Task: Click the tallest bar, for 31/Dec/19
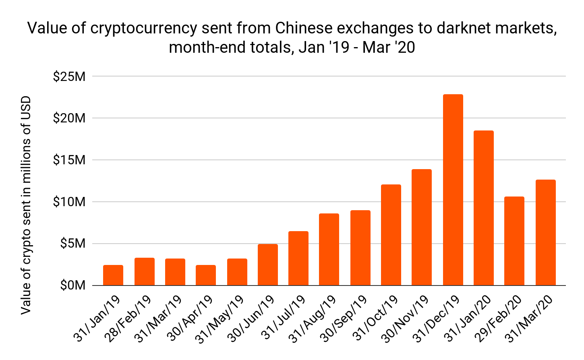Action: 453,190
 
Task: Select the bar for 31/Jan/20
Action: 483,208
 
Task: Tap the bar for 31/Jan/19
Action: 113,275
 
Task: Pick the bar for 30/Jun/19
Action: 268,265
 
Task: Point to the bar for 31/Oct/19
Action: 391,235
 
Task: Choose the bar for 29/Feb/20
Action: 514,241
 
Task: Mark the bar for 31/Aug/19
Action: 329,250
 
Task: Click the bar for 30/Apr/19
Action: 206,275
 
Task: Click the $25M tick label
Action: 69,76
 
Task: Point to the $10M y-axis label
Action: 69,202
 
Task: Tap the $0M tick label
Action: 72,286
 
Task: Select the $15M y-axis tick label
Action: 69,160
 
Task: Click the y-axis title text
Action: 26,205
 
